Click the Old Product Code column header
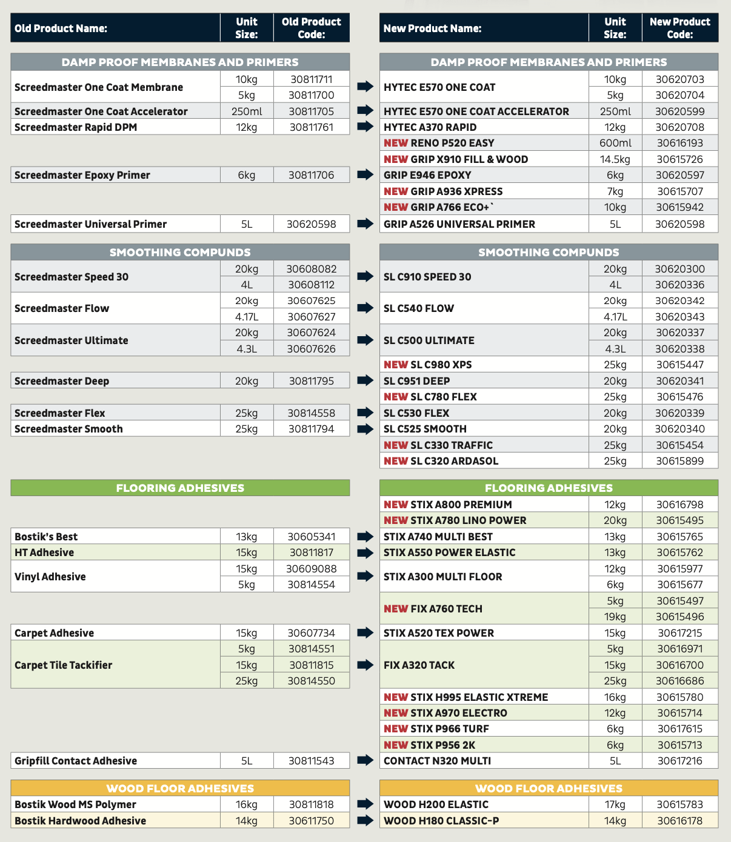(311, 28)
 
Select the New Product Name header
(432, 28)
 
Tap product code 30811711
(311, 79)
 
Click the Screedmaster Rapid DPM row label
(76, 127)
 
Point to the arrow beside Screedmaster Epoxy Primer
(365, 175)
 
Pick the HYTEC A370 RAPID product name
(430, 127)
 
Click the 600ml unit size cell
(615, 143)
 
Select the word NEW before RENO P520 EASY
(395, 143)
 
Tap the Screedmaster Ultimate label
(71, 340)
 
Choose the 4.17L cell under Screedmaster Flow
(246, 317)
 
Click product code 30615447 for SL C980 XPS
(679, 365)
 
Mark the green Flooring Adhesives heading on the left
(180, 488)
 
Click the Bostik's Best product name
(46, 537)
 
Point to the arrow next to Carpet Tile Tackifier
(365, 665)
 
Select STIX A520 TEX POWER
(438, 633)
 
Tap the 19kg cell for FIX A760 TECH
(615, 617)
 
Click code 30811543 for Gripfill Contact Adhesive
(311, 761)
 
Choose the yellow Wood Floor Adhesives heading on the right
(549, 788)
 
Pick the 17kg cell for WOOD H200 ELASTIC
(615, 804)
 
